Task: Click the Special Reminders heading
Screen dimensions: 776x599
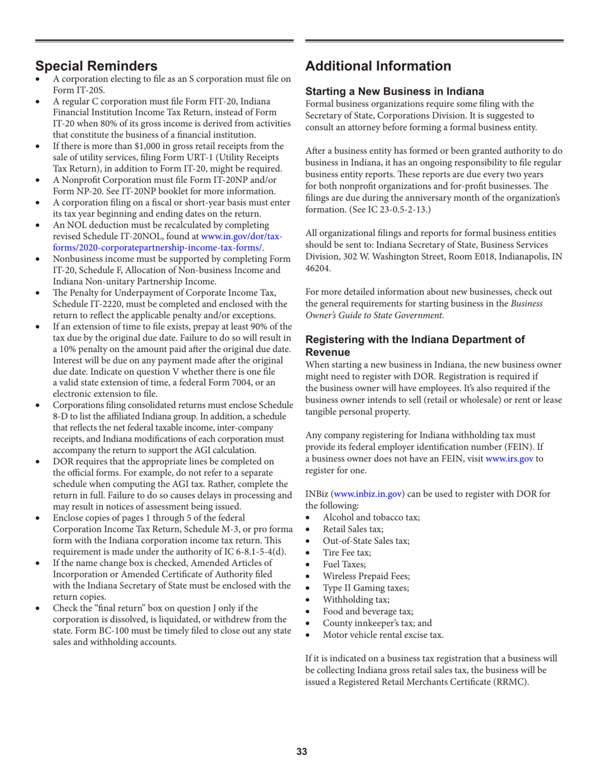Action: click(x=96, y=65)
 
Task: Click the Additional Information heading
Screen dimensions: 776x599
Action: click(x=378, y=66)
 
